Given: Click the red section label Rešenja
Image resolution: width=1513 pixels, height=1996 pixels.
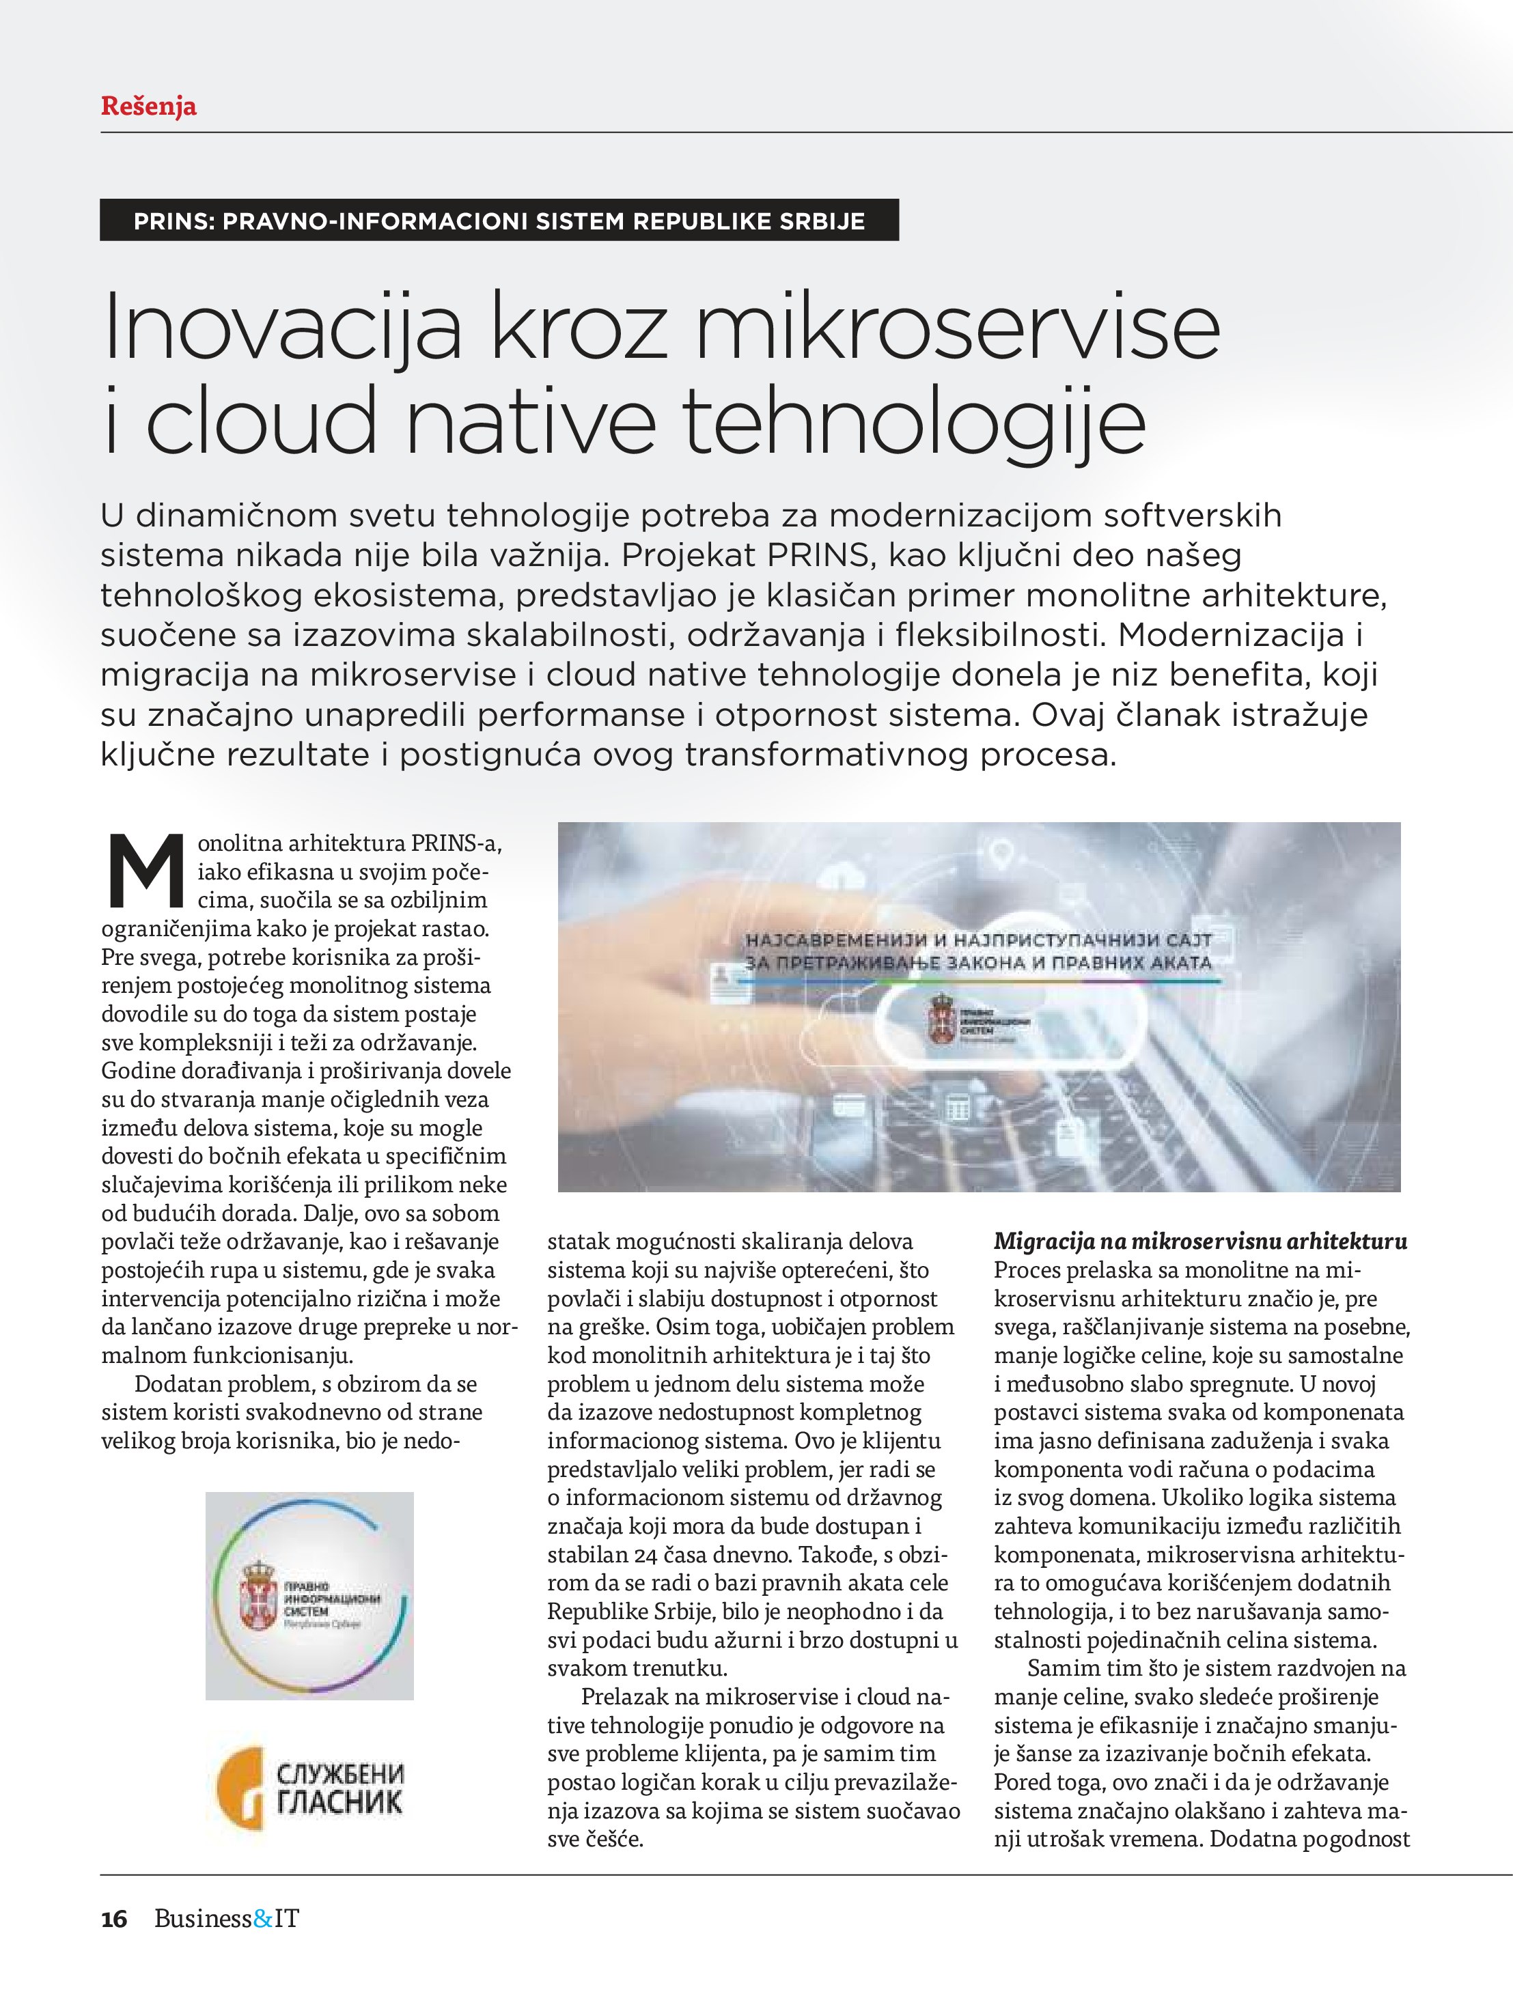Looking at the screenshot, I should (x=148, y=107).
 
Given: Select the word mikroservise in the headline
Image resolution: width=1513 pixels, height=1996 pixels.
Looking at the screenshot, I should (x=958, y=326).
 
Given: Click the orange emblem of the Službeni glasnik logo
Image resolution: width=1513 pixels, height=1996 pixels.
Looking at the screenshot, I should (x=239, y=1788).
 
